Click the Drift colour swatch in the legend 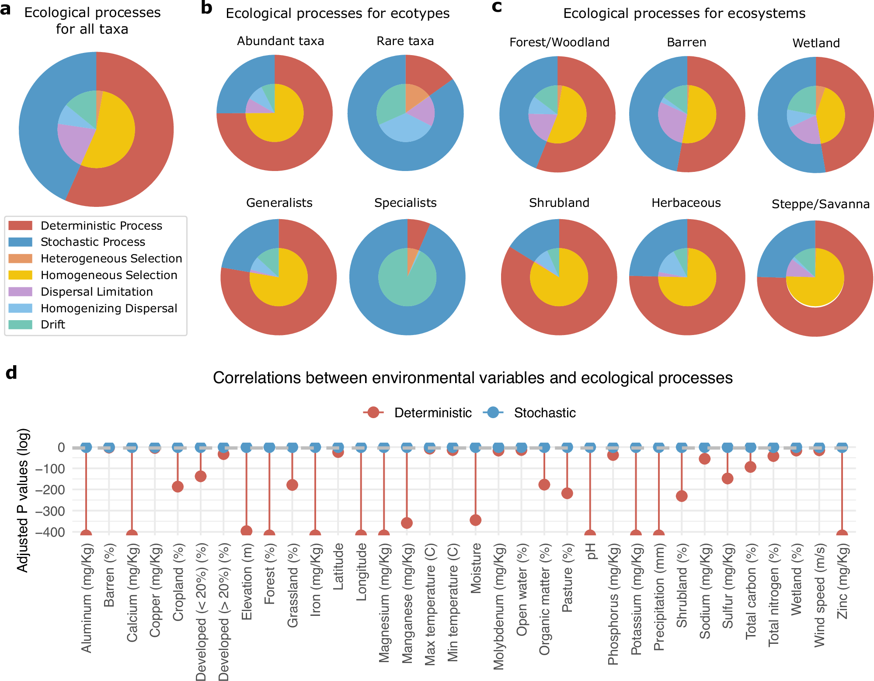[x=20, y=325]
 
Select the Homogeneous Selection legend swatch [x=20, y=275]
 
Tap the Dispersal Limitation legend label [x=97, y=292]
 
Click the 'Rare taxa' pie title [x=405, y=41]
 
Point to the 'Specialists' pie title [x=405, y=203]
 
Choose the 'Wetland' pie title [x=816, y=43]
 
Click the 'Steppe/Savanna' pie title [x=820, y=204]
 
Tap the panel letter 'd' [x=11, y=373]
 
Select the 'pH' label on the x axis [x=591, y=552]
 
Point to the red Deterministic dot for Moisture [x=476, y=520]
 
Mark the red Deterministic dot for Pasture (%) [x=567, y=493]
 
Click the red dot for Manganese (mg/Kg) [x=407, y=523]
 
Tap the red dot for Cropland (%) [x=178, y=487]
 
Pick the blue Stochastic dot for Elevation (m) [x=247, y=447]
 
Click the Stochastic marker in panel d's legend [x=493, y=412]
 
